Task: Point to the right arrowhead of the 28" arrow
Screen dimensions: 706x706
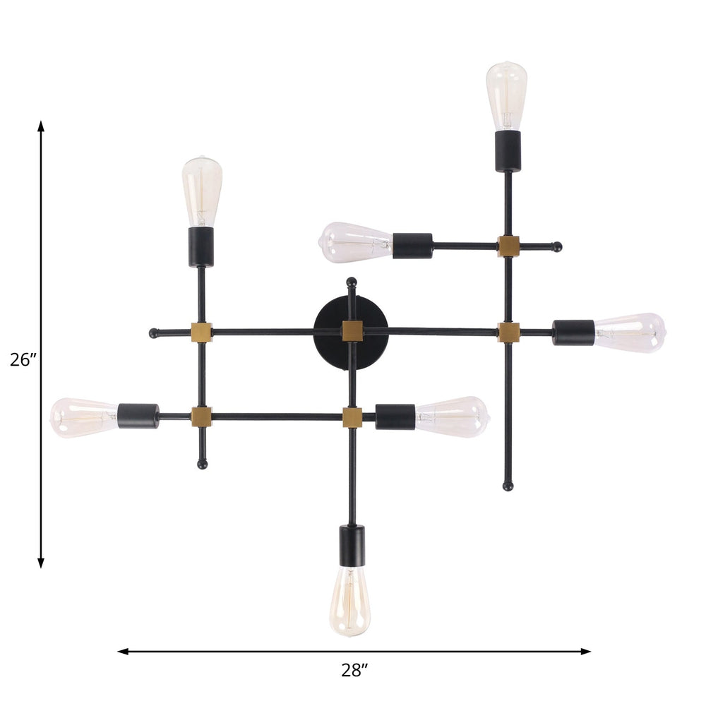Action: pos(585,651)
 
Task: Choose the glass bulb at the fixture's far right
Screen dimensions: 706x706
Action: pos(629,333)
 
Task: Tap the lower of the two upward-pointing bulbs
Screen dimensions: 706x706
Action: pos(202,191)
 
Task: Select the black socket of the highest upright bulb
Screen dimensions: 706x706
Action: pos(508,150)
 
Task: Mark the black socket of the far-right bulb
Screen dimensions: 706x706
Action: pos(573,333)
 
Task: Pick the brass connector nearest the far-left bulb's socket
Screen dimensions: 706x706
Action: pos(201,417)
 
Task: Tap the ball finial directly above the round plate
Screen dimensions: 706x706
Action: pos(352,282)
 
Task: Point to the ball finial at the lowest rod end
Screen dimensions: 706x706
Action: pos(508,486)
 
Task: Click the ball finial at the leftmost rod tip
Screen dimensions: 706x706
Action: pos(154,333)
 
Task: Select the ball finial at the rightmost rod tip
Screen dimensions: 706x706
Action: pos(557,246)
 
